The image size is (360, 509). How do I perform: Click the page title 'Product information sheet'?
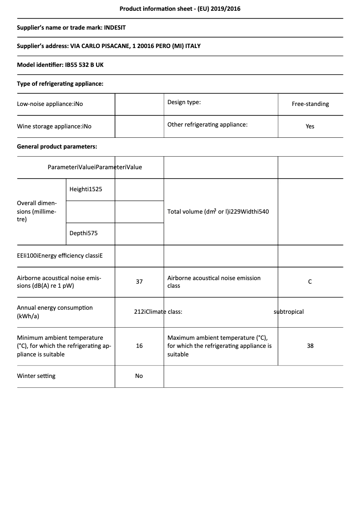(180, 9)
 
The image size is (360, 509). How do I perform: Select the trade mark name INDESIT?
(115, 27)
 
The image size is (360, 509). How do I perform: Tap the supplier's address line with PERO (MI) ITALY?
(109, 46)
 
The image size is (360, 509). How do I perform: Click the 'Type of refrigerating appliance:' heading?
(60, 83)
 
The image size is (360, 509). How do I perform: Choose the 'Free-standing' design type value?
(310, 104)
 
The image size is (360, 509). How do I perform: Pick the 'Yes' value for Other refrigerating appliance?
(310, 127)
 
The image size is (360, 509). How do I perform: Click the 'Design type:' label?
(184, 102)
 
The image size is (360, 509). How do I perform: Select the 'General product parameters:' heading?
(57, 146)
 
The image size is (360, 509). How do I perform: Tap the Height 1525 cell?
(86, 189)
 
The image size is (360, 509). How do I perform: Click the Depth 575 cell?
(83, 233)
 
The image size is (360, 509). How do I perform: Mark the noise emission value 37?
(139, 282)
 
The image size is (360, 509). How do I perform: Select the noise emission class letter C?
(310, 282)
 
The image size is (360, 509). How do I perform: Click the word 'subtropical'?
(289, 312)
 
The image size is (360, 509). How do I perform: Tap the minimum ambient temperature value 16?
(139, 346)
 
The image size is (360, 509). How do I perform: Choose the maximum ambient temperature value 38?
(310, 346)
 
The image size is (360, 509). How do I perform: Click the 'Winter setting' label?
(36, 376)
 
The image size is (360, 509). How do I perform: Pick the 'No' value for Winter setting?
(139, 376)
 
